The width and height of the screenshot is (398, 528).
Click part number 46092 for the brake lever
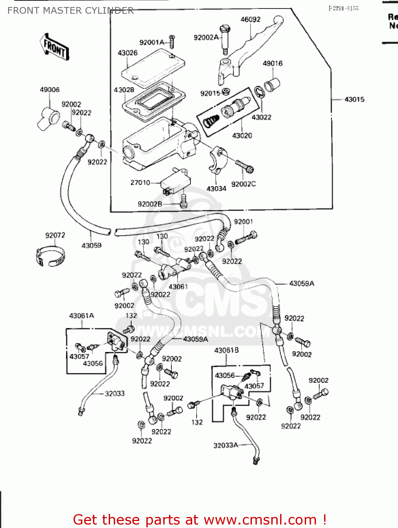[250, 20]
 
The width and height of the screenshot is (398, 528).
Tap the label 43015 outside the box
[354, 100]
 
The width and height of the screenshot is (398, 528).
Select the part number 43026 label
[127, 53]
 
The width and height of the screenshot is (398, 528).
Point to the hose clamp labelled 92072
[50, 257]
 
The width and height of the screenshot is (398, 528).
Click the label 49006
[50, 90]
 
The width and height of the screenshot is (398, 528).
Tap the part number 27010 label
[140, 183]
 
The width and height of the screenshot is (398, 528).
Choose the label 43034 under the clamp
[216, 189]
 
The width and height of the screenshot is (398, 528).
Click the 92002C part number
[243, 184]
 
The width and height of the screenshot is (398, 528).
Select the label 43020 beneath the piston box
[242, 136]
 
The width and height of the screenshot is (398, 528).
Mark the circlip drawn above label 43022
[259, 93]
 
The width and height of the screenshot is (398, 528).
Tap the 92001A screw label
[152, 43]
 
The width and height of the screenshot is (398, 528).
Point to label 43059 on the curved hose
[91, 245]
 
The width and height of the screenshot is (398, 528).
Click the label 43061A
[82, 316]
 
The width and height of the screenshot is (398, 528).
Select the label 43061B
[226, 350]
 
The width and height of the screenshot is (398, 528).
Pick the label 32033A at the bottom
[226, 446]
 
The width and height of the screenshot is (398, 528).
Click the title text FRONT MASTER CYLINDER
[70, 11]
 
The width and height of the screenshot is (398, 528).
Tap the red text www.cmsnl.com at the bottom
[260, 520]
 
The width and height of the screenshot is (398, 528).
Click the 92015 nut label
[210, 93]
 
